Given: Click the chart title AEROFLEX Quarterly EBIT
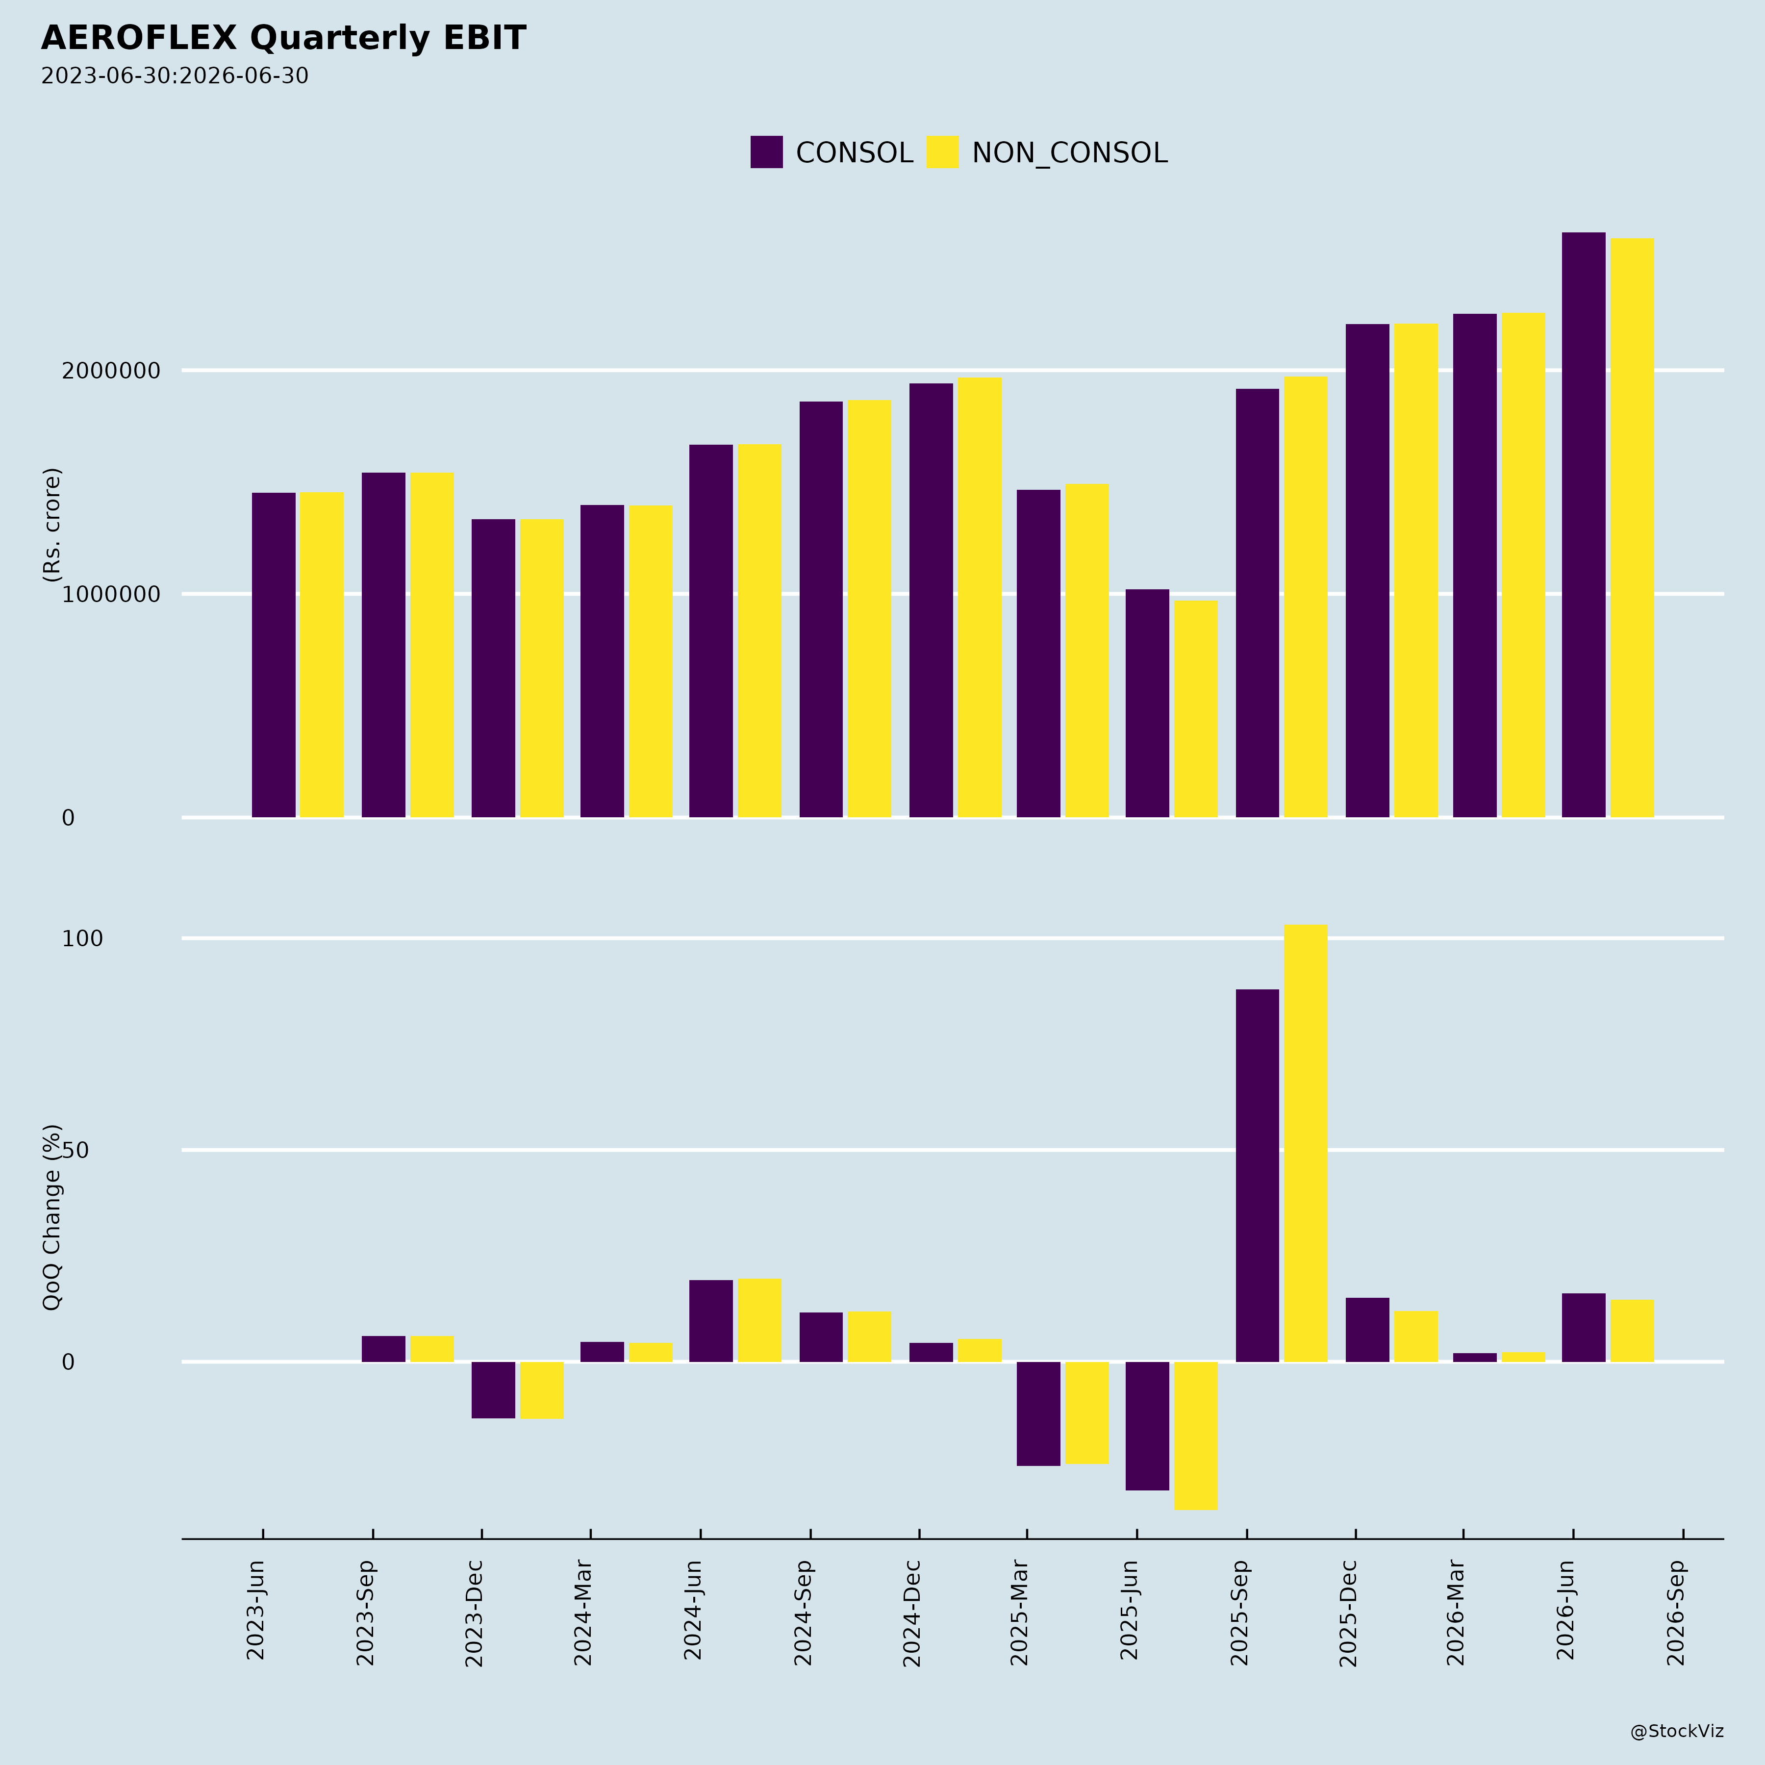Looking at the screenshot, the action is pos(283,38).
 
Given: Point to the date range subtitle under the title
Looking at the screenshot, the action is pos(175,76).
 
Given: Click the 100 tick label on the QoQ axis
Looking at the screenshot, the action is pos(82,938).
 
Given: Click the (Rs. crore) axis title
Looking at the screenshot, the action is pos(52,525).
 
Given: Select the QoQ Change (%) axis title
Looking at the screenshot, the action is pos(52,1217).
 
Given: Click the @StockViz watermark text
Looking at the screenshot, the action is pos(1677,1731).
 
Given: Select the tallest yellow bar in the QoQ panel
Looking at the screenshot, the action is pos(1306,1143).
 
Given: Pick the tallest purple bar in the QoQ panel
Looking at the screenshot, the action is pos(1257,1176).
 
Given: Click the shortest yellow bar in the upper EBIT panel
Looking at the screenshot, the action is pos(1196,709).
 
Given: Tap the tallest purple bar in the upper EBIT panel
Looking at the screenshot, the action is pos(1583,525).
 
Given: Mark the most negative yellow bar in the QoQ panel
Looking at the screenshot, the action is pos(1196,1436).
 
